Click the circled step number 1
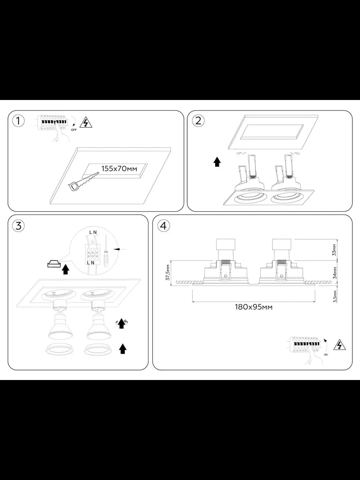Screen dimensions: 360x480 18,121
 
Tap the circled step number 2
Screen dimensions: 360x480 198,121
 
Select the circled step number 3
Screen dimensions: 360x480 18,226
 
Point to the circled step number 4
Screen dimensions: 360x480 164,226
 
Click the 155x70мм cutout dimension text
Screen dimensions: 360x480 119,169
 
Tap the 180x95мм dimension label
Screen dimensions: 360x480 254,307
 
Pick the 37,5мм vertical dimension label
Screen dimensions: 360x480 168,272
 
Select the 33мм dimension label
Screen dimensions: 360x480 334,250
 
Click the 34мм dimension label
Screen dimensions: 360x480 334,273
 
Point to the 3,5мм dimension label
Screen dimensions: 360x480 334,296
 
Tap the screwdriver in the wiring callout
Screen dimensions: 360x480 106,251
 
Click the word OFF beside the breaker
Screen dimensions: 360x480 74,130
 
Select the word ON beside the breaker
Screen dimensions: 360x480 326,355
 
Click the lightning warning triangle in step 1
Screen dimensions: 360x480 86,122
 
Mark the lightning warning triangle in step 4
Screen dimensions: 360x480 340,345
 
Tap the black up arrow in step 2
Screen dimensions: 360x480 217,162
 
